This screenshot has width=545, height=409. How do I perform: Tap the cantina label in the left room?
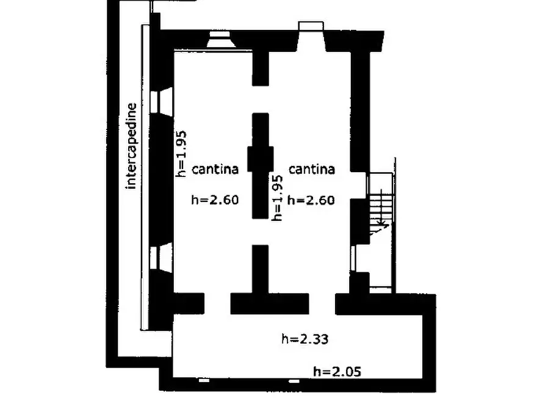215,169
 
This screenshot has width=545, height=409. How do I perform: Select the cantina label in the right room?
311,169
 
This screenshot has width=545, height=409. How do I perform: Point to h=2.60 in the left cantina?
214,199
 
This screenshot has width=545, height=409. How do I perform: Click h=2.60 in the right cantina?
311,199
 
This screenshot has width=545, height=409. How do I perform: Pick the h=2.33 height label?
305,338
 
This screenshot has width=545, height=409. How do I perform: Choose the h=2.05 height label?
340,370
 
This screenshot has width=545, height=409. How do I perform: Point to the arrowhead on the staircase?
381,225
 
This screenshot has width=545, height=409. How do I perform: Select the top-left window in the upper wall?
219,40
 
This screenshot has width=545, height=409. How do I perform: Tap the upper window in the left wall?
163,101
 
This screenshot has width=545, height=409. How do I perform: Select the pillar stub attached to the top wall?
261,67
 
